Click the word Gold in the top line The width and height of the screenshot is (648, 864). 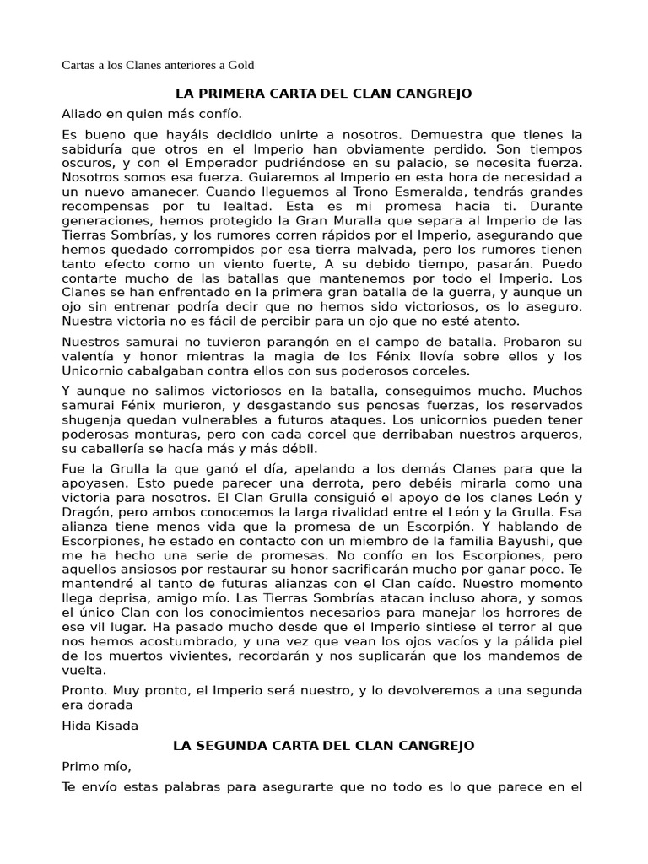(239, 65)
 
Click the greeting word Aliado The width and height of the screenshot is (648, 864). (82, 114)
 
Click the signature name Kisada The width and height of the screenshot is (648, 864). (118, 725)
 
